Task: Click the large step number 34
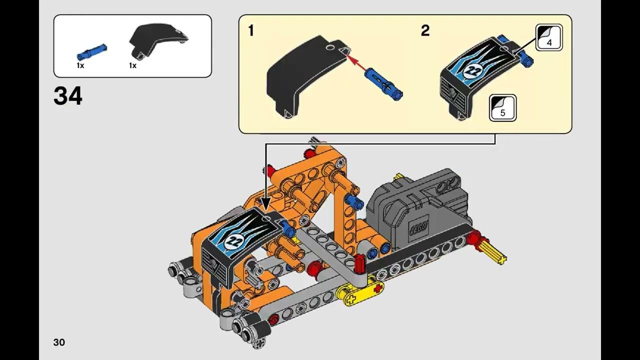(x=67, y=96)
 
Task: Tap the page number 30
(x=59, y=342)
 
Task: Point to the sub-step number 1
(x=251, y=30)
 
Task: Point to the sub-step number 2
(x=425, y=30)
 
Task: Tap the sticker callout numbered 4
(x=549, y=37)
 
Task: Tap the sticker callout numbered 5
(x=502, y=108)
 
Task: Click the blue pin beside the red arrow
(x=383, y=84)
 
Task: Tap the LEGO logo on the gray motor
(x=419, y=227)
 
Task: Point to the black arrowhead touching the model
(x=265, y=205)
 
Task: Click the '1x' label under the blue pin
(x=80, y=65)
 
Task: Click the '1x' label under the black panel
(x=132, y=65)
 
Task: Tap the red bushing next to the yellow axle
(x=475, y=240)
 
